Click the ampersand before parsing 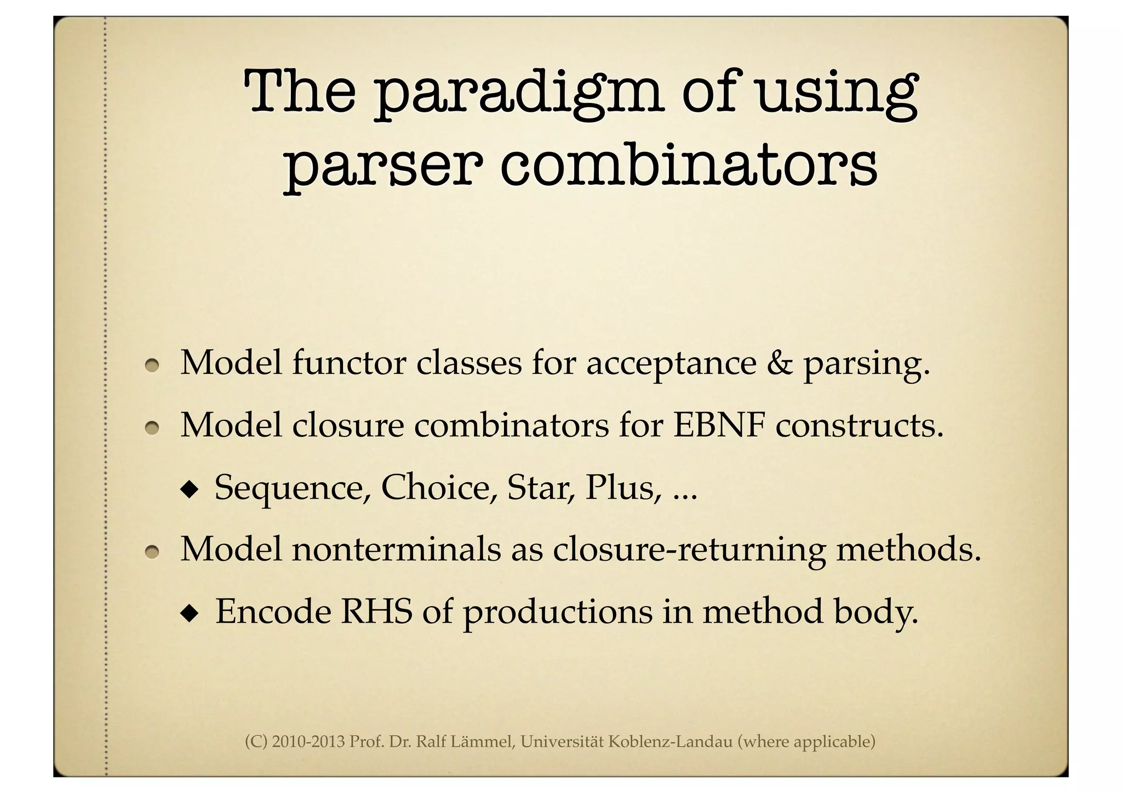point(779,363)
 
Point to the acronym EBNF point(718,425)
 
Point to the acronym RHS point(375,612)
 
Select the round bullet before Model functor point(152,365)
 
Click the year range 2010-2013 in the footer point(308,742)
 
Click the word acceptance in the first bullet point(671,363)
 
